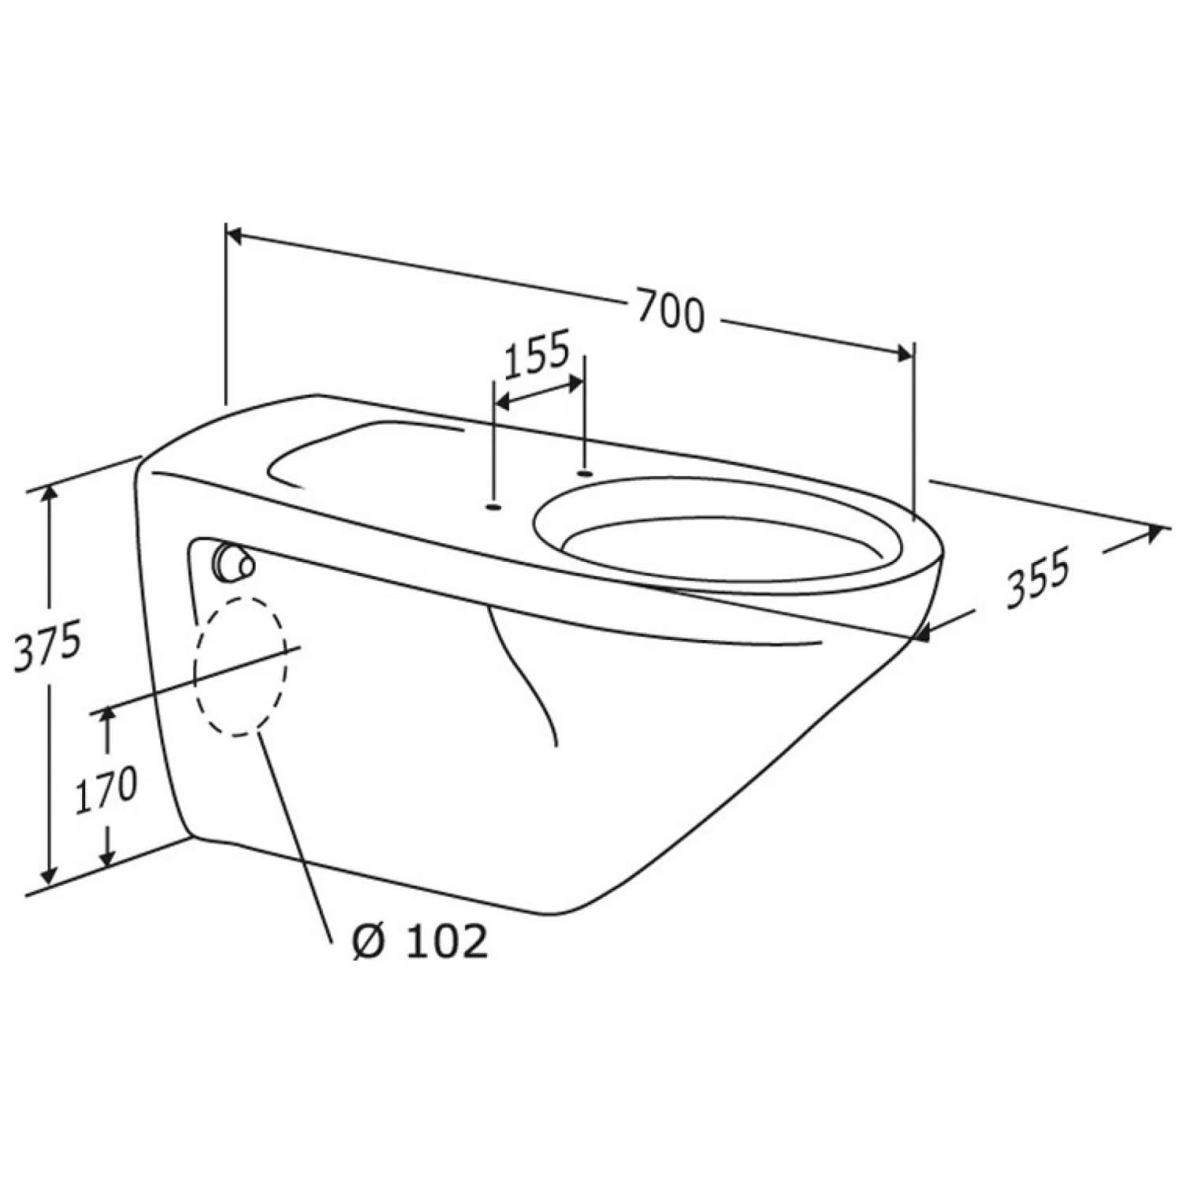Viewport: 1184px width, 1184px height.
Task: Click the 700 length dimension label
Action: pos(669,311)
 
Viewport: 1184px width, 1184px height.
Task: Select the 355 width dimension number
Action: pos(1039,579)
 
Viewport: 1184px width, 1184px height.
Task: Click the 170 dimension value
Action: pos(106,787)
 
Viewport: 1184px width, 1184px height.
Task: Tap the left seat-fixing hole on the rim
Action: pos(493,508)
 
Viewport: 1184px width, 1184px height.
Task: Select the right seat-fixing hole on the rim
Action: pos(585,473)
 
